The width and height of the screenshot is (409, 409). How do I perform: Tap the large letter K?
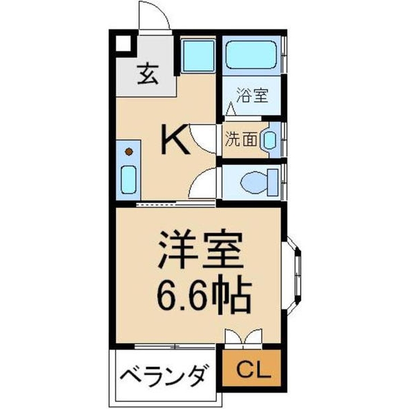click(x=175, y=140)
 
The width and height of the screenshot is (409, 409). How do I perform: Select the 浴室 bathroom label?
click(x=252, y=95)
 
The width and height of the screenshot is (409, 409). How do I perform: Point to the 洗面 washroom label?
click(x=242, y=140)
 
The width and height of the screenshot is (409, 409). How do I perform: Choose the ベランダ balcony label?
click(x=164, y=376)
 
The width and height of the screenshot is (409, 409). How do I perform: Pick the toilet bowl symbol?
click(x=258, y=181)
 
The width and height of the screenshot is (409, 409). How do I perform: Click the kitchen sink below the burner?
click(x=128, y=179)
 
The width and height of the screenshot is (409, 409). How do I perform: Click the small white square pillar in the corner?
click(x=121, y=43)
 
